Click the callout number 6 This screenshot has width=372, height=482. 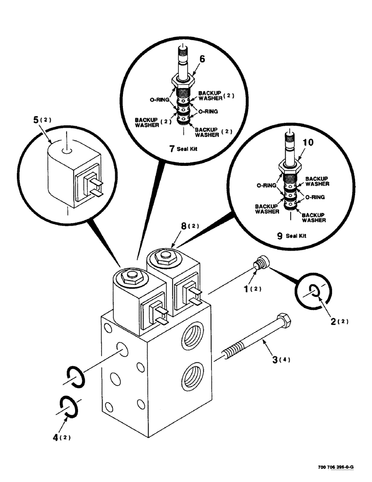202,59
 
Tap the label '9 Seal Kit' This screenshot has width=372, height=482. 291,236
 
